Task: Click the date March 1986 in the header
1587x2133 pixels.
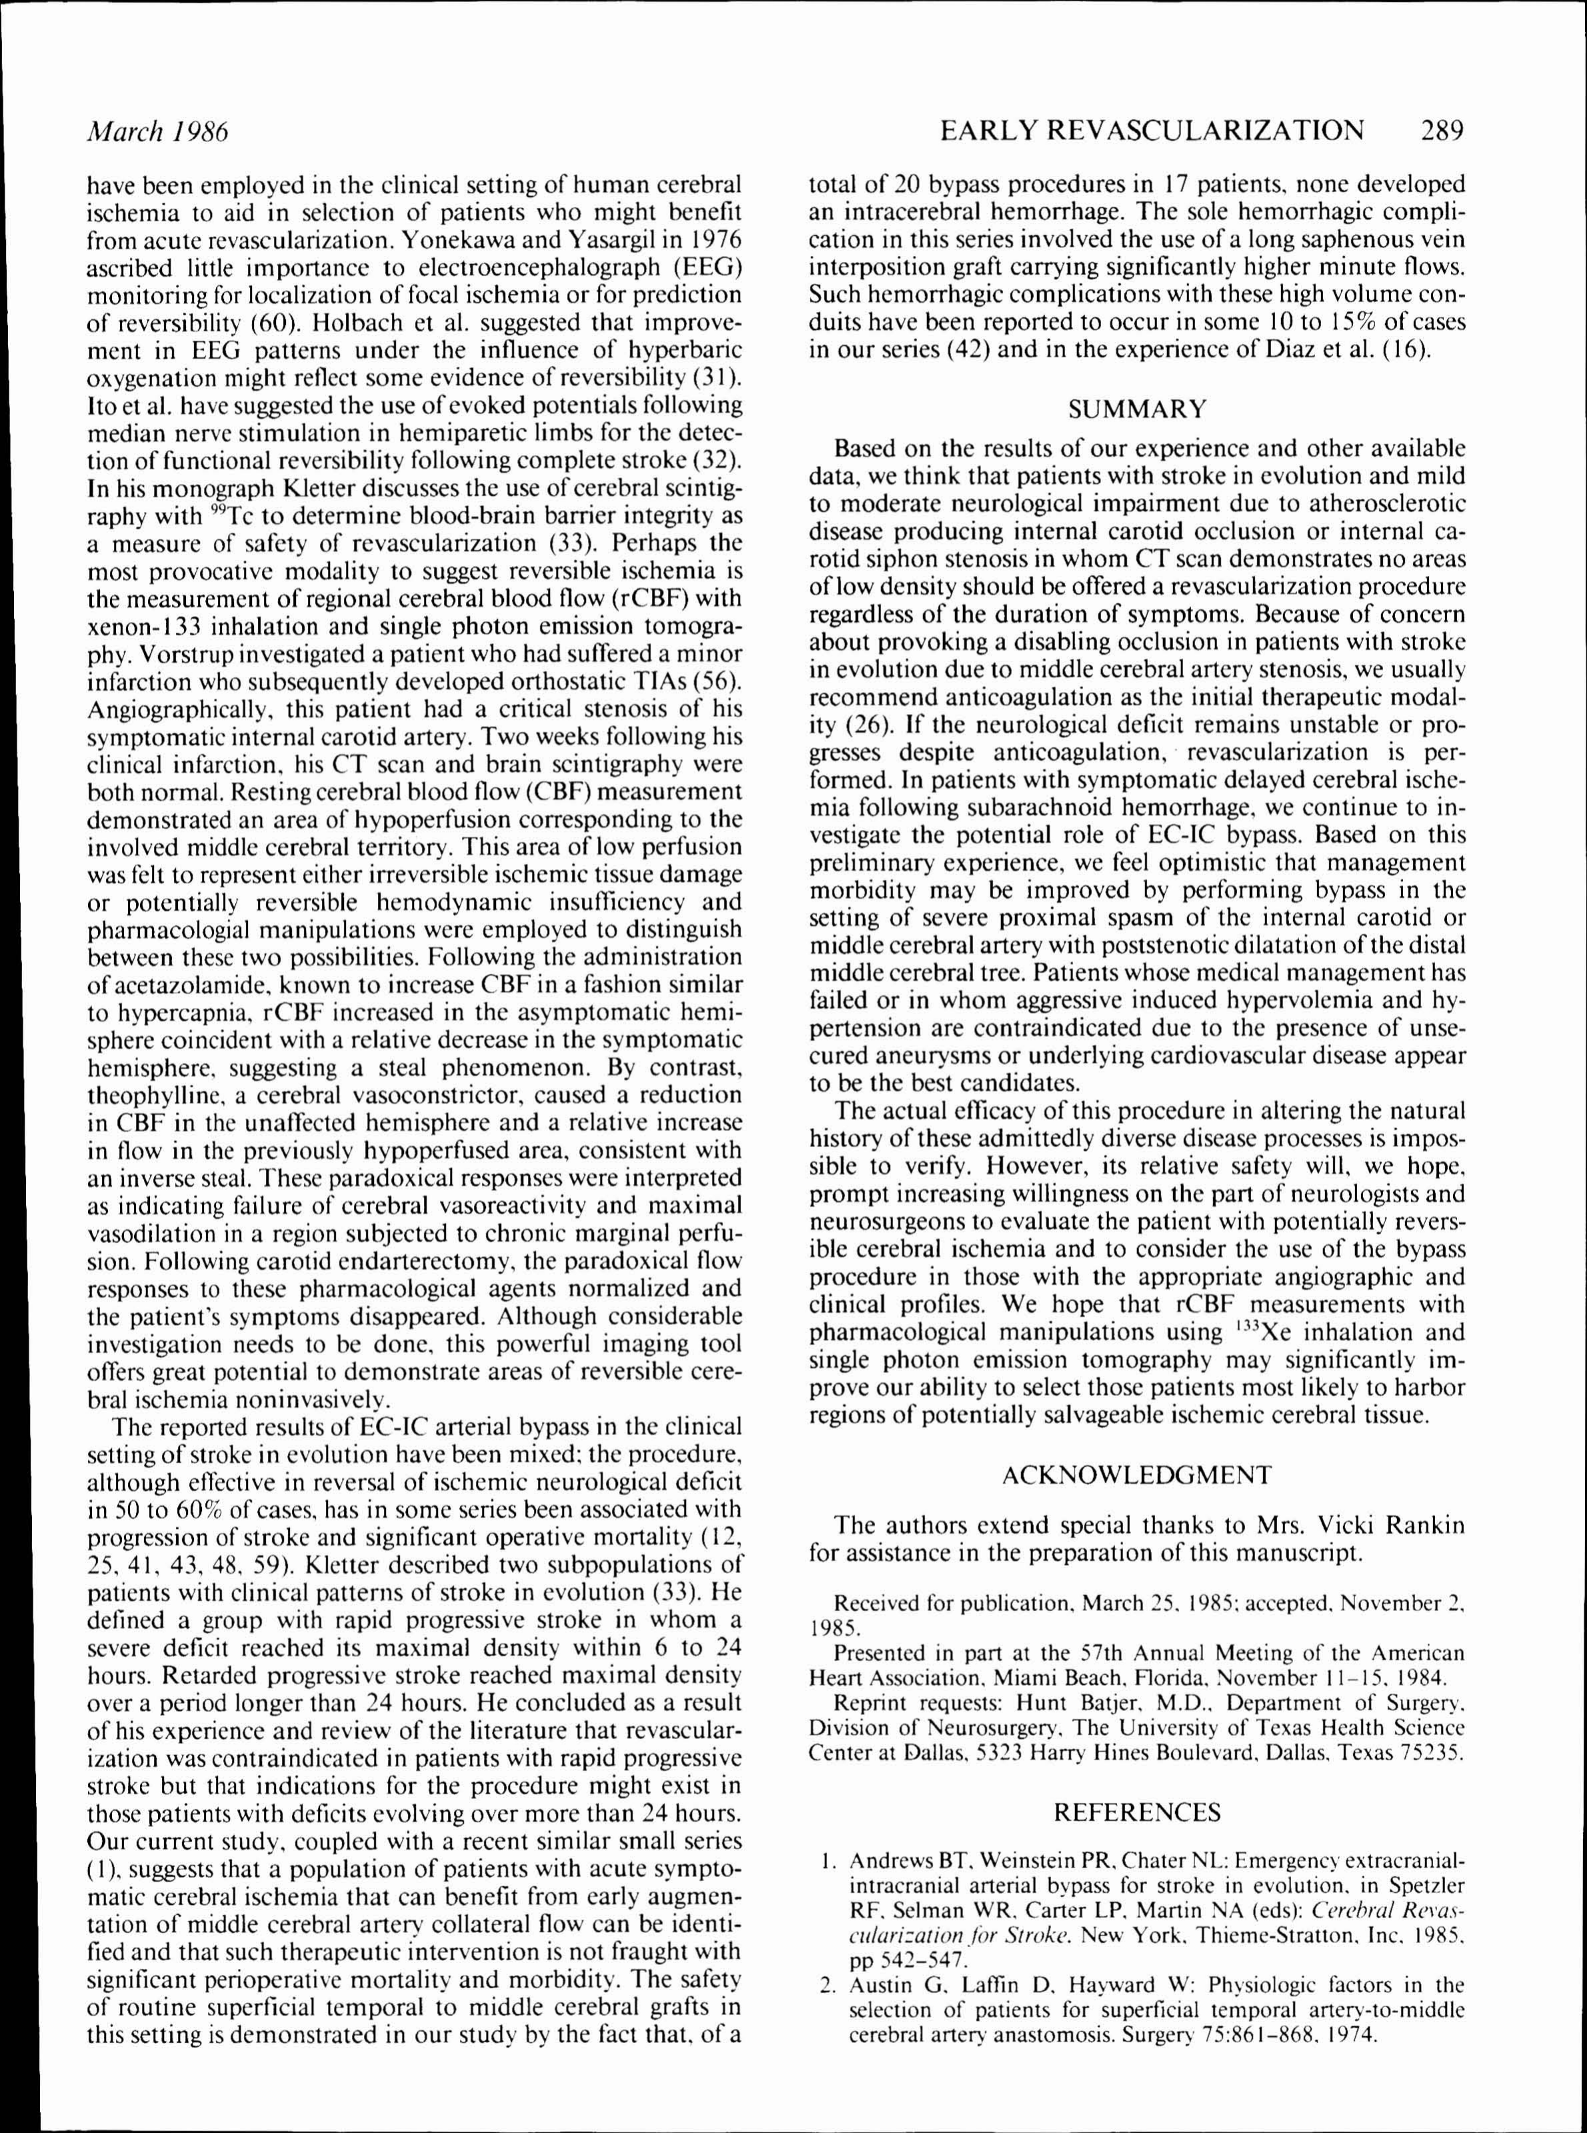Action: point(157,131)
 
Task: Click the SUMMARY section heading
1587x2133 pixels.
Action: point(1137,409)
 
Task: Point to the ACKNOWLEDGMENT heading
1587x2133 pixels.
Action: point(1136,1475)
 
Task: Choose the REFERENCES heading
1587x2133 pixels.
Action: point(1137,1813)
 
